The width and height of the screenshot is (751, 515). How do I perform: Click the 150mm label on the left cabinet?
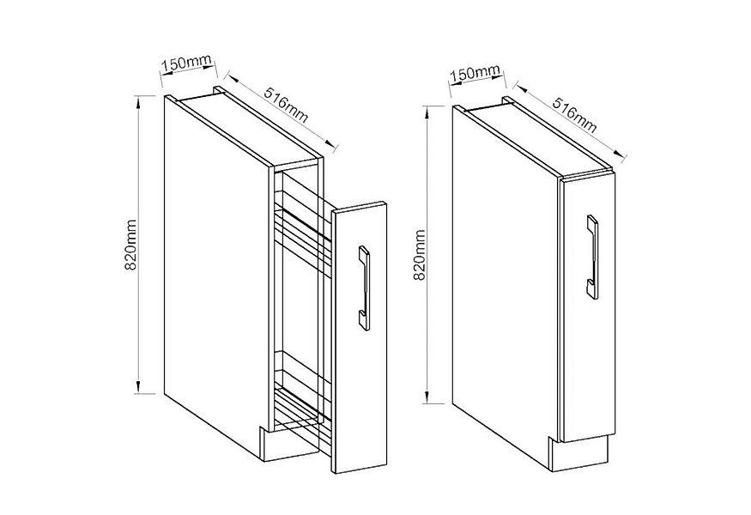pyautogui.click(x=187, y=63)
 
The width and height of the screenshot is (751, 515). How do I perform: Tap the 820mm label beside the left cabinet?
pyautogui.click(x=130, y=245)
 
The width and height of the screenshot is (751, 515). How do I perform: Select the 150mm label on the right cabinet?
pyautogui.click(x=475, y=73)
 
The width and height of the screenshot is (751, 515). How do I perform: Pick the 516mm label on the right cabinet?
pyautogui.click(x=575, y=116)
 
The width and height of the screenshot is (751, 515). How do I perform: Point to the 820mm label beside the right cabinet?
pyautogui.click(x=419, y=255)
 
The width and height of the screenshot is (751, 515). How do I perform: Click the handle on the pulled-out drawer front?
pyautogui.click(x=364, y=288)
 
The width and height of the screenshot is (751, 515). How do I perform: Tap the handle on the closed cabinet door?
pyautogui.click(x=592, y=257)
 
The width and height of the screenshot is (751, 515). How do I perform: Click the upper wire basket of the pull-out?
pyautogui.click(x=302, y=230)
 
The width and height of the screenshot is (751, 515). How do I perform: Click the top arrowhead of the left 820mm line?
pyautogui.click(x=139, y=102)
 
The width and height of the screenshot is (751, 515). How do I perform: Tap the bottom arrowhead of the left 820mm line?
pyautogui.click(x=139, y=386)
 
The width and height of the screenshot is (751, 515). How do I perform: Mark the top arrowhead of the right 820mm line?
pyautogui.click(x=427, y=112)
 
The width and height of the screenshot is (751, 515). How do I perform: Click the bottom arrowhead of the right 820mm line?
pyautogui.click(x=427, y=397)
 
